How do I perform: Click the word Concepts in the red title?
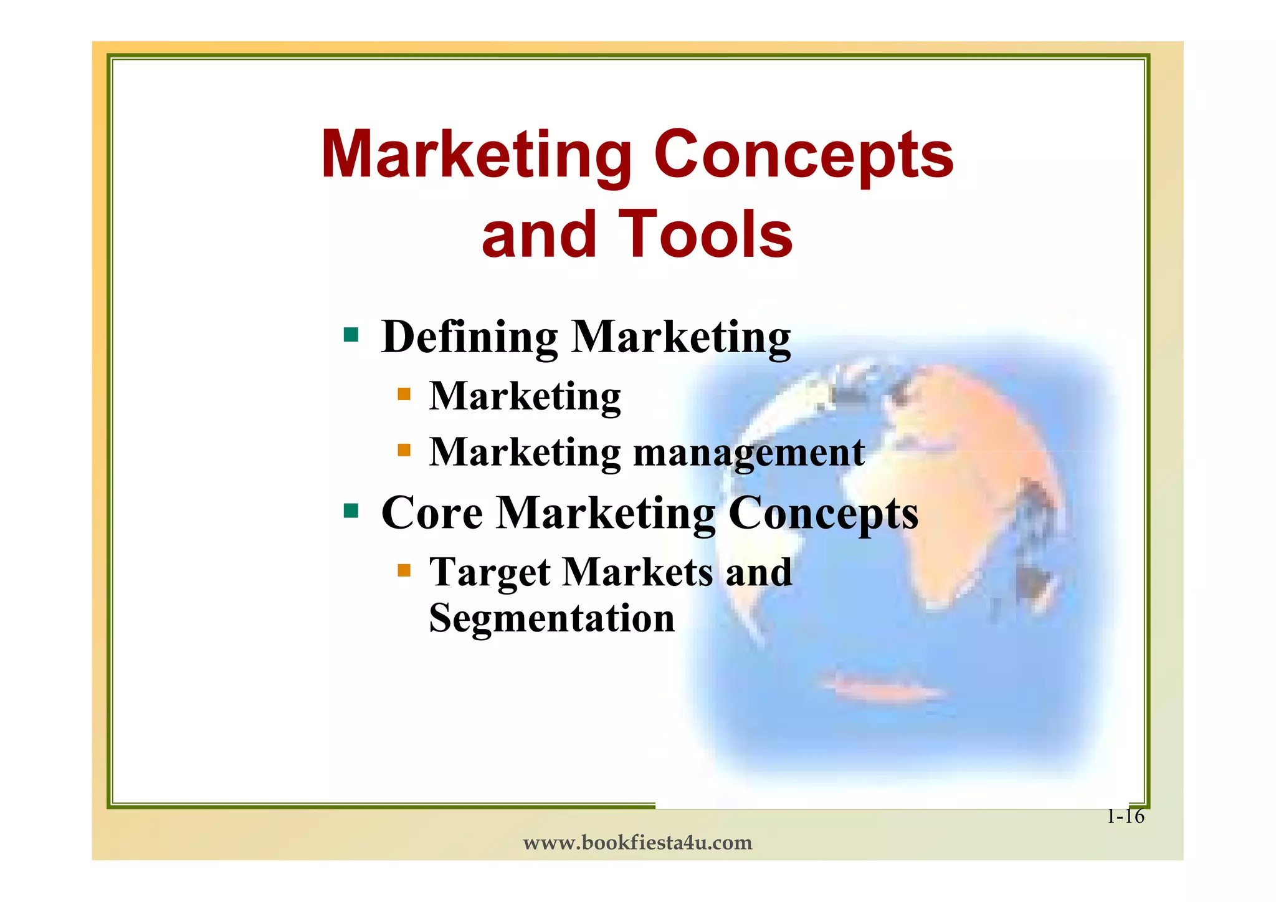point(803,155)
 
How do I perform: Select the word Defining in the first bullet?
point(469,337)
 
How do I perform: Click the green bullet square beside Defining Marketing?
point(351,335)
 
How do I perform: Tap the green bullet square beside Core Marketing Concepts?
point(351,511)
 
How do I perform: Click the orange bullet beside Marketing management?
point(404,449)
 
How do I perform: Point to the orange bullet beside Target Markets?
point(404,570)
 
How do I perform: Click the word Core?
point(432,513)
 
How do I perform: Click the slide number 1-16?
point(1125,816)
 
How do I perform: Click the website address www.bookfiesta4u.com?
point(637,843)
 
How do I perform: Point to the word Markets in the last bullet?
point(637,572)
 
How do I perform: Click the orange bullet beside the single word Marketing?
point(404,394)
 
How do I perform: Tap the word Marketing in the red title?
point(476,155)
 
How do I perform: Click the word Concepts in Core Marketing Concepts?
point(822,513)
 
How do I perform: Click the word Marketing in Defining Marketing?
point(680,337)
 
